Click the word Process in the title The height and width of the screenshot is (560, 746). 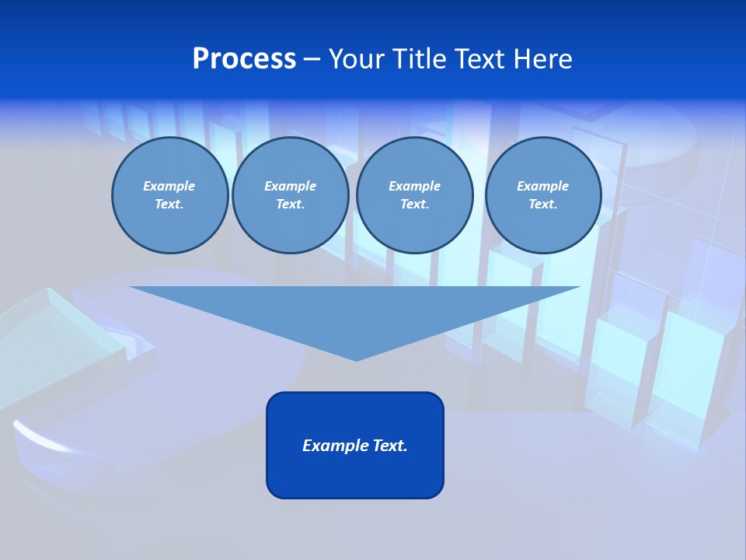coord(244,59)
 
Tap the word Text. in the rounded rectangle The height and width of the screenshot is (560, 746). coord(389,446)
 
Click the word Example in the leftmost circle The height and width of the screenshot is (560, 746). coord(169,186)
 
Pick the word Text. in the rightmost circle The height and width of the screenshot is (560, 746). coord(543,204)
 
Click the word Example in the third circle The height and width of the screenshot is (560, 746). coord(414,186)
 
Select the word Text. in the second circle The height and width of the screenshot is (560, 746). coord(291,204)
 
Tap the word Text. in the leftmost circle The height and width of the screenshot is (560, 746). coord(169,204)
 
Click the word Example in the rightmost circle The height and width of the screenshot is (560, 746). coord(543,186)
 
